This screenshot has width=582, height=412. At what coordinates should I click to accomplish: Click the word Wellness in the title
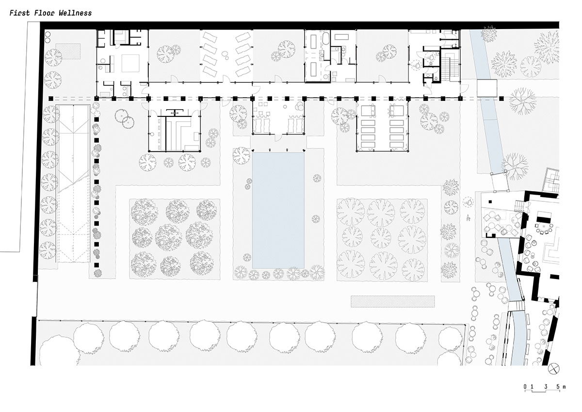click(75, 13)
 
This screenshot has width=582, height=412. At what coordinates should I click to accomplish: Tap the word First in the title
click(20, 13)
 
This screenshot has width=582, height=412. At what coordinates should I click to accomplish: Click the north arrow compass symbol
click(554, 369)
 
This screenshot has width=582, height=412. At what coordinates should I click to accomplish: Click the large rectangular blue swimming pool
click(278, 210)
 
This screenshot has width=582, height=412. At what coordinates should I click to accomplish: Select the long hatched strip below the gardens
click(392, 301)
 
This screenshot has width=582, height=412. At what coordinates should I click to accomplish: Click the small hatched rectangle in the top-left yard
click(68, 51)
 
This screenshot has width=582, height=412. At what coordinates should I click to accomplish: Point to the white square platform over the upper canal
click(487, 88)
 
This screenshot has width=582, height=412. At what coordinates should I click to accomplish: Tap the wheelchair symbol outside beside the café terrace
click(468, 202)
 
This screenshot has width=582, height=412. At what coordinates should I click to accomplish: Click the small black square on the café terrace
click(490, 201)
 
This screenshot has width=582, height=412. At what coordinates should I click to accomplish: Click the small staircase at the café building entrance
click(519, 206)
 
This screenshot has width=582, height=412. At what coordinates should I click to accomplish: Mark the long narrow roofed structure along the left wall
click(74, 184)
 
